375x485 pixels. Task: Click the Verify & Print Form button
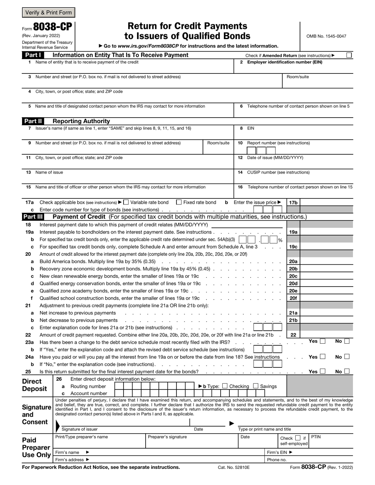tap(48, 12)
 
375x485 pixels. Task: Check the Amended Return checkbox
tap(349, 55)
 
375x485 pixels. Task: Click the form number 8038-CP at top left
tap(52, 27)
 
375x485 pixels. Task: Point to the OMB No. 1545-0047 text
tap(326, 36)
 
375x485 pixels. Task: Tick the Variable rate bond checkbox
tap(126, 202)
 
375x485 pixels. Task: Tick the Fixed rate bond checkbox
tap(179, 202)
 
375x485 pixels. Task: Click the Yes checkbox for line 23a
tap(322, 341)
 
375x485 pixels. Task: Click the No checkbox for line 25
tap(347, 371)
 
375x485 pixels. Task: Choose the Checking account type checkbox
tap(225, 386)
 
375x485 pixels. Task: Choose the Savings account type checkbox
tap(256, 386)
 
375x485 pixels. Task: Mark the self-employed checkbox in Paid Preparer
tap(298, 438)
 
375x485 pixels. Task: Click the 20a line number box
tap(293, 261)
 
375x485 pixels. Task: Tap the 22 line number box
tap(293, 335)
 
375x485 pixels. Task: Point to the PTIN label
tap(316, 437)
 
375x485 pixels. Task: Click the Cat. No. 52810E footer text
tap(234, 467)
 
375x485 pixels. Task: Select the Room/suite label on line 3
tap(298, 77)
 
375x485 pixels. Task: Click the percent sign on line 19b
tap(280, 240)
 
